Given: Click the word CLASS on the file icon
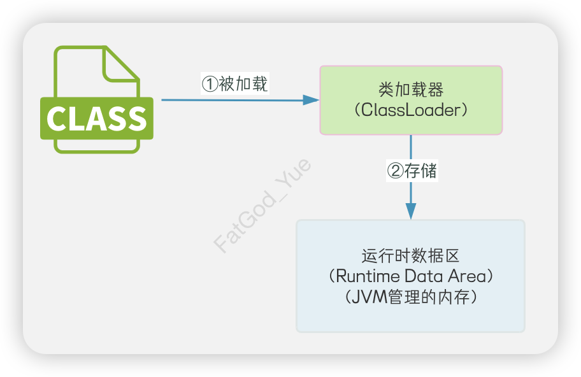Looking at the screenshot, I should tap(97, 118).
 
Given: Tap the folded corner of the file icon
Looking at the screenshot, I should tap(121, 64).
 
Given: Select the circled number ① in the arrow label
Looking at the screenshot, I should tap(210, 84).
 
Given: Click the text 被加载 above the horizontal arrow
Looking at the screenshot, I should tap(243, 84).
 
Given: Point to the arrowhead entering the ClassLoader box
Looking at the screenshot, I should tap(311, 100).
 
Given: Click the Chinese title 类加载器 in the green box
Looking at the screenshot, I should tap(411, 90).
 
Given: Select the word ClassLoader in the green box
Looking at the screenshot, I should tap(410, 110).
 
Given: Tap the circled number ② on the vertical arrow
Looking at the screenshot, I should tap(396, 171).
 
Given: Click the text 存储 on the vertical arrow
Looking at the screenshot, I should tap(421, 171).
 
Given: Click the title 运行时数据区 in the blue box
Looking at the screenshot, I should tap(410, 257).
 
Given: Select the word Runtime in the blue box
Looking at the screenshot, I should tap(368, 277).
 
